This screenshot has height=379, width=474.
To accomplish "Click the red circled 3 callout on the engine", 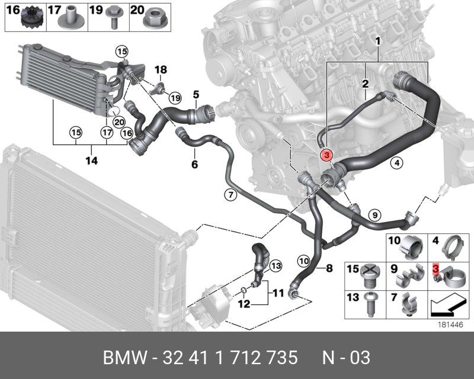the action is click(326, 155).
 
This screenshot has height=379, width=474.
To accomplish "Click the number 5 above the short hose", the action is click(196, 94).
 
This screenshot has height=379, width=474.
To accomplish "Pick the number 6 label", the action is click(194, 164).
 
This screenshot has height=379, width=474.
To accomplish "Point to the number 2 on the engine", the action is click(366, 83).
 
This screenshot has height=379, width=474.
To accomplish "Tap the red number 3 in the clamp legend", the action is click(435, 269).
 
